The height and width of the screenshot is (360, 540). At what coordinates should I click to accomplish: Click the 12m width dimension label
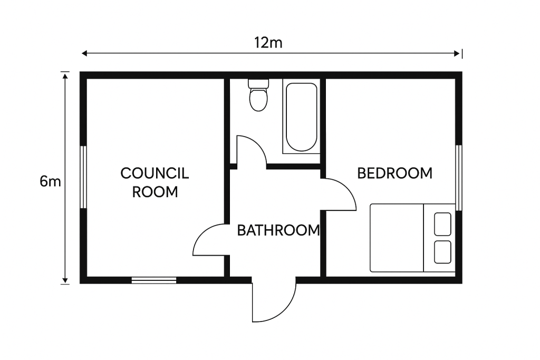268,43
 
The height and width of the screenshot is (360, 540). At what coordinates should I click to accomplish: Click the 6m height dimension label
50,181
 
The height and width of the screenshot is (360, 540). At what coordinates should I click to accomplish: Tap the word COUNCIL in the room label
155,173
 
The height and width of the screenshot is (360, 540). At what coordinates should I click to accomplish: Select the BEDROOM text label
394,173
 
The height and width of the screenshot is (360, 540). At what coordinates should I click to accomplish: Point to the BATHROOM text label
278,230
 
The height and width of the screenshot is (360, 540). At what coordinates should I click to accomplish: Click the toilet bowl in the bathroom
258,100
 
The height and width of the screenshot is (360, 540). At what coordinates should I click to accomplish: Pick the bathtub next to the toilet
301,116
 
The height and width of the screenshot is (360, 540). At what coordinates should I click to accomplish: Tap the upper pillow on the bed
442,224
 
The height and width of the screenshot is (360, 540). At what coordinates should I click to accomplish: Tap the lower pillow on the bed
442,252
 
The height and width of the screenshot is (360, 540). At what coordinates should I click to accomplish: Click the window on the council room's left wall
83,177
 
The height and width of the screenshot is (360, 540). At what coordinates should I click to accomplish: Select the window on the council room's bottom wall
154,280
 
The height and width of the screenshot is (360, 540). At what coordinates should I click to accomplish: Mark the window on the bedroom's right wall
459,178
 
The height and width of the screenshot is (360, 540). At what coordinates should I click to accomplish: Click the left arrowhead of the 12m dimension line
84,53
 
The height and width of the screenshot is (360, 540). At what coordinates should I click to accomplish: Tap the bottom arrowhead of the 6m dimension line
65,281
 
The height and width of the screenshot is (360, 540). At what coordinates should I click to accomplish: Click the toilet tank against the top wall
258,84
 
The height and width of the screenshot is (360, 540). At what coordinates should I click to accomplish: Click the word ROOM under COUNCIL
155,192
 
